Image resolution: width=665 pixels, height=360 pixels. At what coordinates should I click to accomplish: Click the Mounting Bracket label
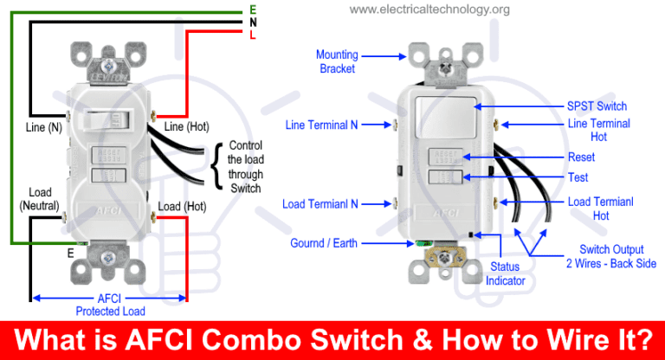click(x=337, y=60)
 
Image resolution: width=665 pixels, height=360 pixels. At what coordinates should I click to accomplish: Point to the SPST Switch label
click(x=597, y=106)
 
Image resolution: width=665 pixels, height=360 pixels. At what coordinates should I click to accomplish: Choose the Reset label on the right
click(x=581, y=157)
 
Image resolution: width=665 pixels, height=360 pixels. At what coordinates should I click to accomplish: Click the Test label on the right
click(x=578, y=177)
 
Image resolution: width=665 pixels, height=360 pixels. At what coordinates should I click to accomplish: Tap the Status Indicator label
click(x=504, y=273)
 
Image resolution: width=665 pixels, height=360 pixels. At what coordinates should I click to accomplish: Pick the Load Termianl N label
click(x=321, y=204)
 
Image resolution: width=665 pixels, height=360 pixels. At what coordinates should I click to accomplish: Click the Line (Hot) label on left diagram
click(x=185, y=127)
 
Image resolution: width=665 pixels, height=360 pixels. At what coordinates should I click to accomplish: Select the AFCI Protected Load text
click(x=109, y=305)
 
